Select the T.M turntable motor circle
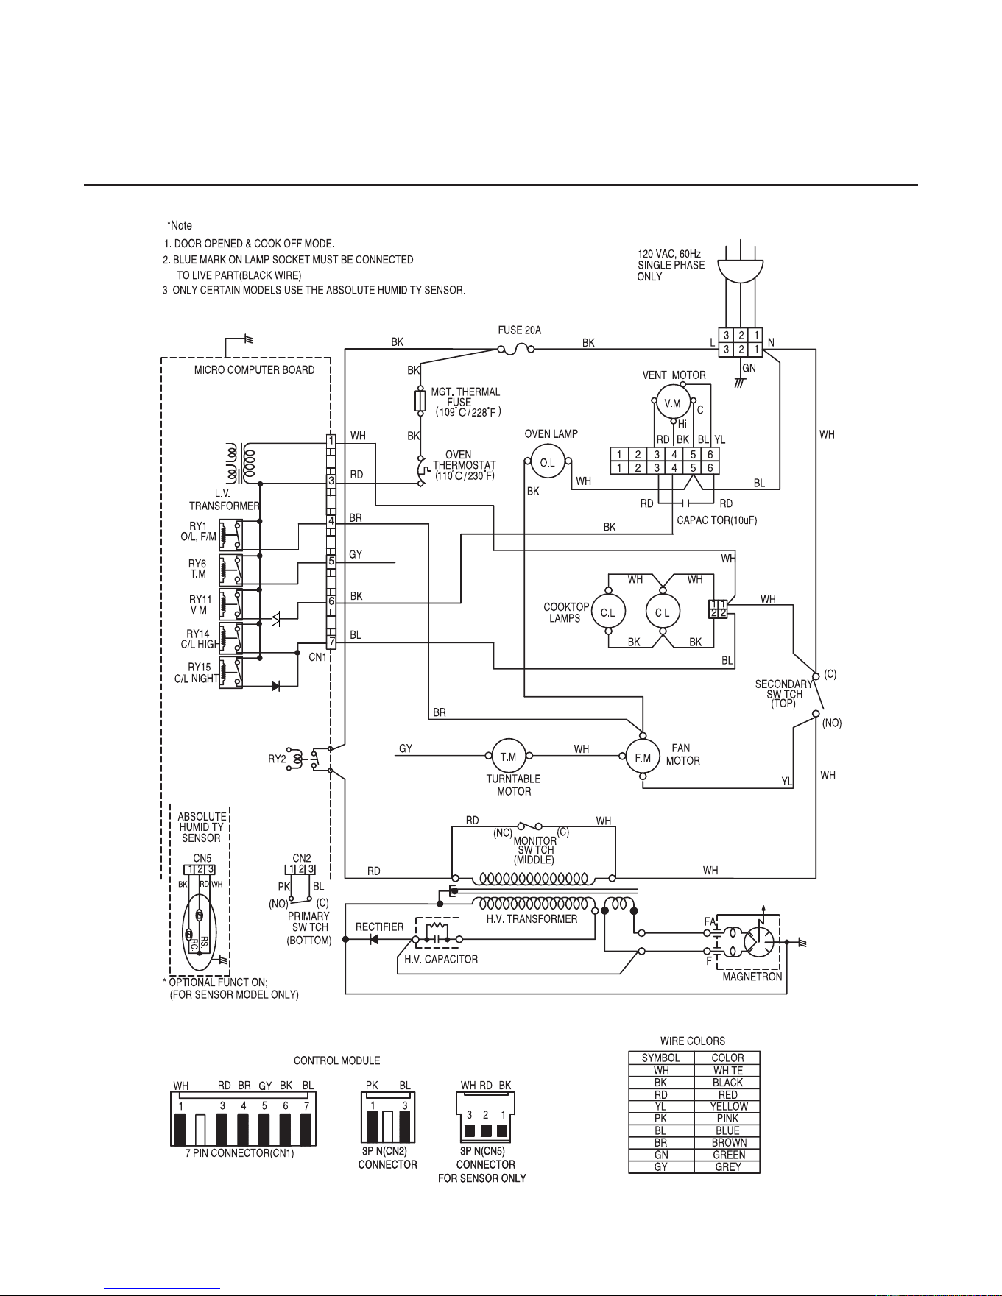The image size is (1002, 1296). [508, 756]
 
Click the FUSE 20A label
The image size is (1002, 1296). [520, 330]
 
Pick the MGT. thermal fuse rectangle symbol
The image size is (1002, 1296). [420, 401]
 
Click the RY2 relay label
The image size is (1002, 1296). [277, 759]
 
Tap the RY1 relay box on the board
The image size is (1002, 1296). [231, 535]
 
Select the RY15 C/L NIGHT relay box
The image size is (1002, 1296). [231, 673]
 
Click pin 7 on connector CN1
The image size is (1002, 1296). [331, 642]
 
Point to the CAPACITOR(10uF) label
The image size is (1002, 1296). [717, 520]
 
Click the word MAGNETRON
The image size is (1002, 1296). [752, 977]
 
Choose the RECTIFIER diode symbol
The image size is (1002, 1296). [374, 939]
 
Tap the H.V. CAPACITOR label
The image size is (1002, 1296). [441, 959]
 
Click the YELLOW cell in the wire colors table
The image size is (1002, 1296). [727, 1106]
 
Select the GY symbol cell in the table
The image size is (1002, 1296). [661, 1166]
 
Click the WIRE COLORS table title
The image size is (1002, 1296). [693, 1041]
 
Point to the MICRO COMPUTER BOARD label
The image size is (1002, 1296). [254, 369]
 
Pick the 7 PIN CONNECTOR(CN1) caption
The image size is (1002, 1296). [239, 1153]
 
